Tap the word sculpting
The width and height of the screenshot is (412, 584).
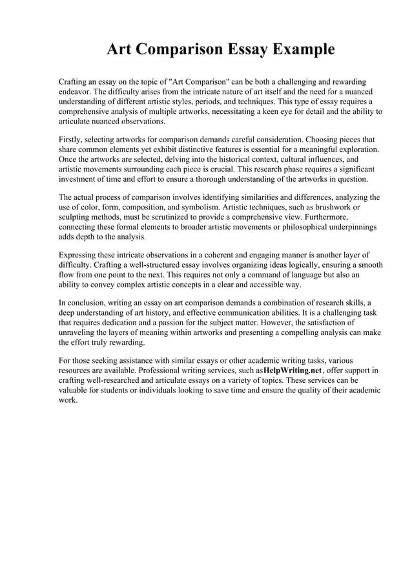pos(77,217)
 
